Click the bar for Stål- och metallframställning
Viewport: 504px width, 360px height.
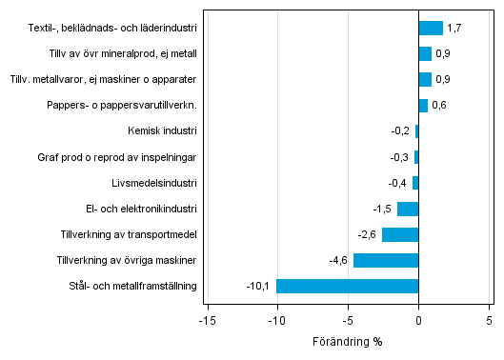(x=348, y=286)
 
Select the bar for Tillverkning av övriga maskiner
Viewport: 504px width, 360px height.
(x=386, y=260)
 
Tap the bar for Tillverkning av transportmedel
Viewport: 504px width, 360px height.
(x=400, y=234)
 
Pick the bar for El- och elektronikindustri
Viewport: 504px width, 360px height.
(x=408, y=209)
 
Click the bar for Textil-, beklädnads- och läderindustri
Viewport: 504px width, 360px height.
(x=431, y=28)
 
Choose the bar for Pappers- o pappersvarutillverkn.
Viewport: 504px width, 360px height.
(x=423, y=105)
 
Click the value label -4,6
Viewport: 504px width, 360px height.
(x=339, y=260)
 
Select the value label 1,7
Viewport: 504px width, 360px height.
(x=454, y=28)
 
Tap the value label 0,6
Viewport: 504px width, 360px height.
(x=439, y=105)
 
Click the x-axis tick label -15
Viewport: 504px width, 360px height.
(x=204, y=321)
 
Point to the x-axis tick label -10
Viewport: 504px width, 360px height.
(x=275, y=321)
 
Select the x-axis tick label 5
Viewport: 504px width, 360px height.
(x=490, y=321)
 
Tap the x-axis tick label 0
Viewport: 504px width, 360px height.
(x=418, y=321)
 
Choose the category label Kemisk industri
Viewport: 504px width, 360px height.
(x=162, y=131)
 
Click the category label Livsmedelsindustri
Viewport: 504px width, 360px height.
(x=154, y=183)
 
